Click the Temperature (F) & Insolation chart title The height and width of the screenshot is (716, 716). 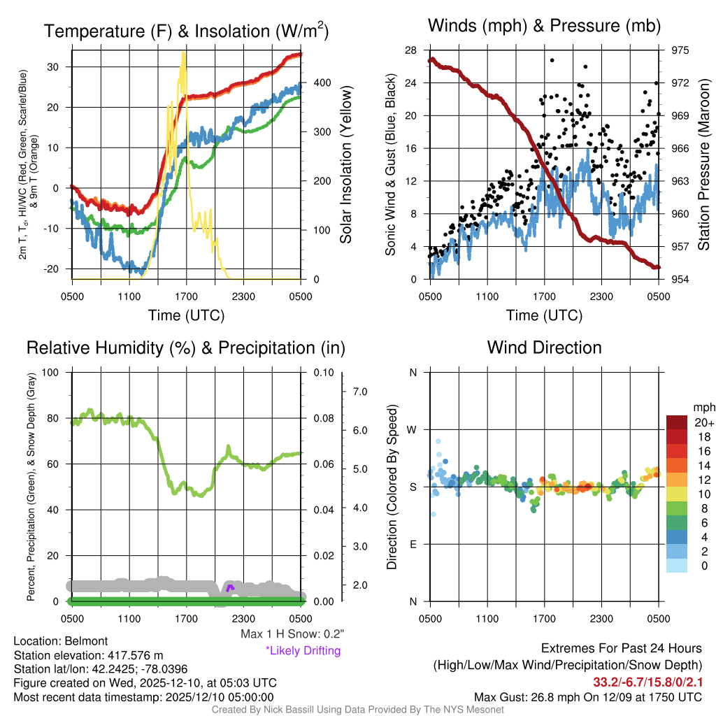click(186, 31)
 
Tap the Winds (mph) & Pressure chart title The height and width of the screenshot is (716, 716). click(545, 26)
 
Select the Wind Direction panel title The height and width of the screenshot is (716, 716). click(544, 348)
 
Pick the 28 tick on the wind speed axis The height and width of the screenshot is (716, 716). click(411, 50)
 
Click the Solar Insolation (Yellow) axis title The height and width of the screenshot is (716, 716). click(345, 165)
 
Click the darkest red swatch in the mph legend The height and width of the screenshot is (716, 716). click(678, 422)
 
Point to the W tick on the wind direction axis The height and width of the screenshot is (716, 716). click(412, 429)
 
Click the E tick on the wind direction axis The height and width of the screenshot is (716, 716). click(413, 544)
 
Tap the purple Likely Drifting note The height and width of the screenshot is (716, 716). click(303, 650)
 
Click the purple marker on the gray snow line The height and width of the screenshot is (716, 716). click(230, 587)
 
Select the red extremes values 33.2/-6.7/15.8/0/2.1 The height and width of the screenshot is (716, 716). click(647, 681)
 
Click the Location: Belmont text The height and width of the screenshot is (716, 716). click(61, 641)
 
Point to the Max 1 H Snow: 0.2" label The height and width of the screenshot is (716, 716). click(292, 634)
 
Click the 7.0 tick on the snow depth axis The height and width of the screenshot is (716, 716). click(360, 392)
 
